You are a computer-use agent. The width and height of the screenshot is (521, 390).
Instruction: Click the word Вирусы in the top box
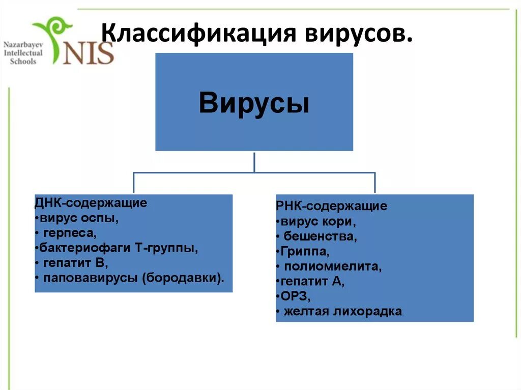tap(254, 102)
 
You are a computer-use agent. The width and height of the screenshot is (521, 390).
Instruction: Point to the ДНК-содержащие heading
tap(91, 203)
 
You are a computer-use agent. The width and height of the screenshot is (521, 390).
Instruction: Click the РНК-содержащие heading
tap(332, 206)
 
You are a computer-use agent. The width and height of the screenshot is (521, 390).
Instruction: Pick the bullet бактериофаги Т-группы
tap(117, 248)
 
